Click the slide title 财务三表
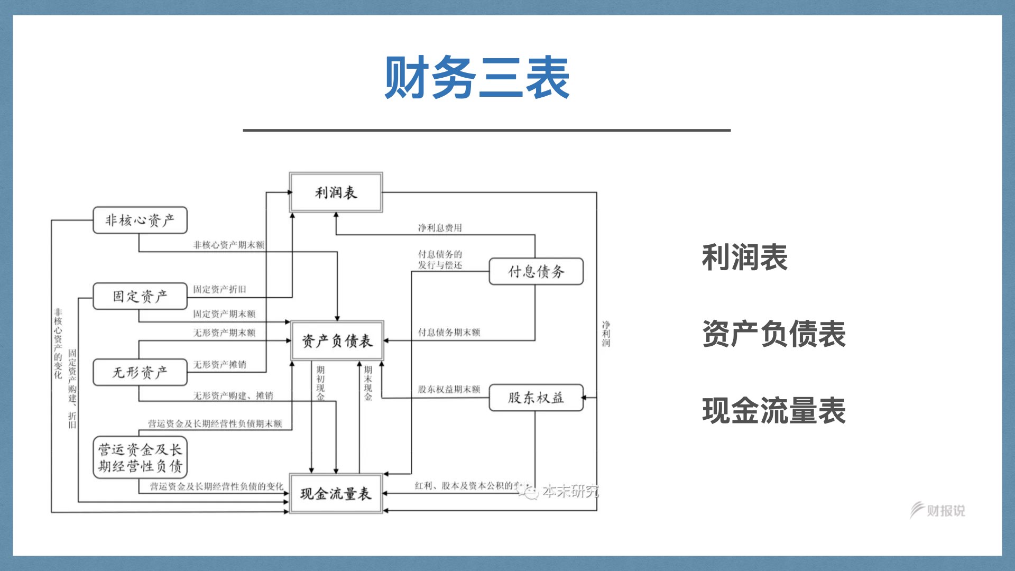click(477, 78)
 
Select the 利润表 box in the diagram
click(336, 192)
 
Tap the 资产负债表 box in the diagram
click(337, 341)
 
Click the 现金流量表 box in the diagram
click(336, 494)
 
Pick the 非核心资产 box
click(140, 220)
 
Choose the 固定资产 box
click(140, 296)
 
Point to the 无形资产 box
click(140, 372)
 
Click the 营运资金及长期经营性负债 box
click(140, 458)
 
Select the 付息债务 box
click(536, 272)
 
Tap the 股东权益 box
click(536, 398)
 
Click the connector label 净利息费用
click(440, 228)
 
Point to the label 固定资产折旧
click(219, 289)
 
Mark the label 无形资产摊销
click(219, 364)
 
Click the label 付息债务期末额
click(449, 332)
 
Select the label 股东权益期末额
click(449, 389)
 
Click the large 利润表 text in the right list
click(744, 257)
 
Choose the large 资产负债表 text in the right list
click(774, 334)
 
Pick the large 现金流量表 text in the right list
click(774, 410)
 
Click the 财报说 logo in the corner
click(938, 510)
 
